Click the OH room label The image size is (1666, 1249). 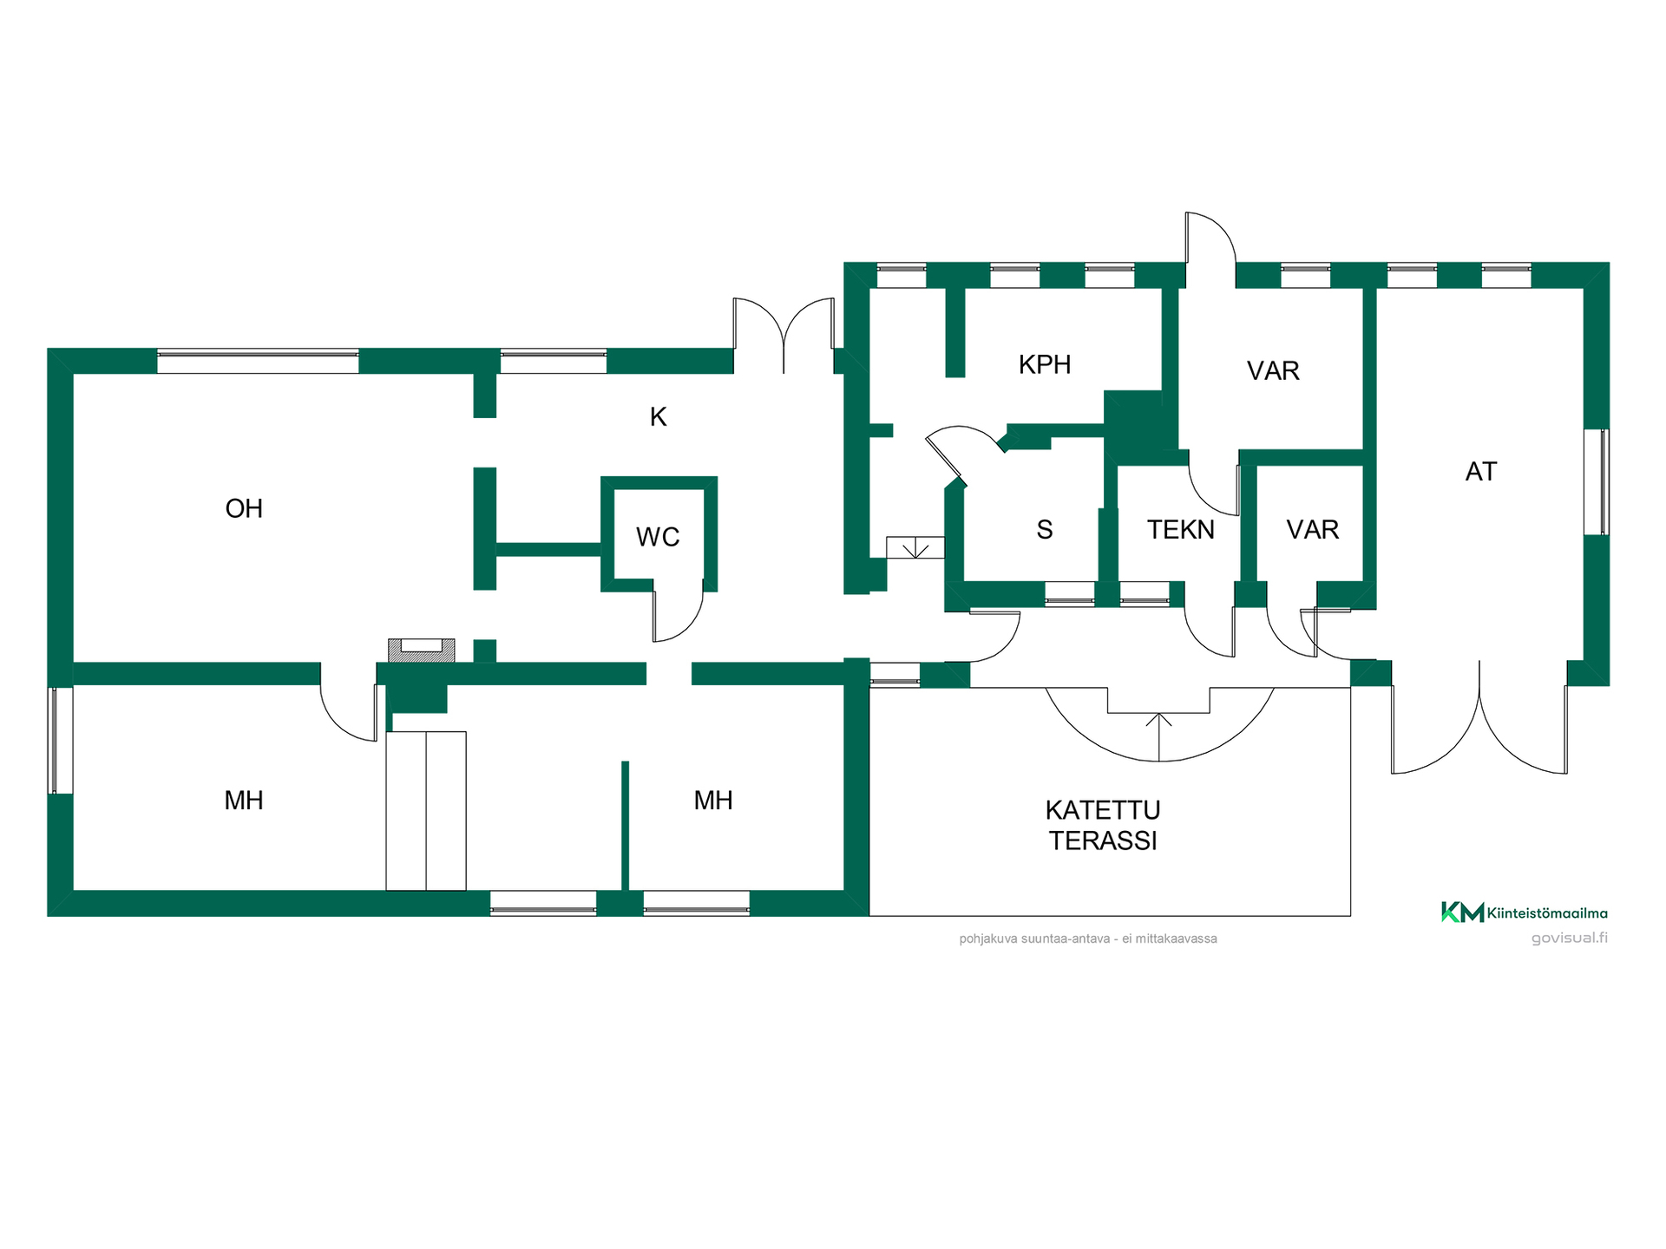click(x=244, y=508)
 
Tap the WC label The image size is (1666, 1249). click(x=658, y=537)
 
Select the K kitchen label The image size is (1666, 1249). click(x=659, y=417)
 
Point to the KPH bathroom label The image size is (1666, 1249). click(x=1045, y=364)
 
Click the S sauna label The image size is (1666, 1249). click(x=1045, y=529)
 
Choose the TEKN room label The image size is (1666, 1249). click(x=1181, y=529)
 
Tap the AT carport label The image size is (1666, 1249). click(x=1481, y=471)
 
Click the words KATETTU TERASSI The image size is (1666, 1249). click(x=1103, y=825)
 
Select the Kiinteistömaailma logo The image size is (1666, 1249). click(x=1525, y=912)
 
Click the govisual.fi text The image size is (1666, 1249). click(x=1570, y=938)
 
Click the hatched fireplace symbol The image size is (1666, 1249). click(x=421, y=650)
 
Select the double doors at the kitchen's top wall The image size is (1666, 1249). click(x=784, y=336)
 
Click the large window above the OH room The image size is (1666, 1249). click(x=258, y=361)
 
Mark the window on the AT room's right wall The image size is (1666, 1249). click(x=1597, y=481)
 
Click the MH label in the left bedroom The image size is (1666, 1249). click(x=244, y=800)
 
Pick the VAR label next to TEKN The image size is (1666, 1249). click(x=1313, y=529)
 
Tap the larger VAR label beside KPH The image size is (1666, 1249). click(x=1273, y=370)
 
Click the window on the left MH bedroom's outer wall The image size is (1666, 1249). click(x=60, y=740)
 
